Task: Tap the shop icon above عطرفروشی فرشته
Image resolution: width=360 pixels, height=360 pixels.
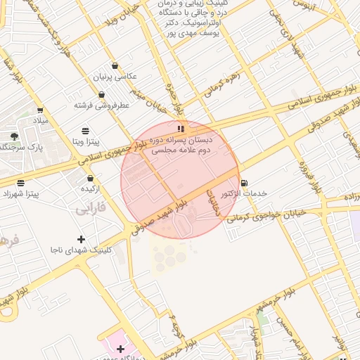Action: (101, 94)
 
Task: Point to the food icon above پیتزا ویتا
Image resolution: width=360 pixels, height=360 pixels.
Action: (85, 131)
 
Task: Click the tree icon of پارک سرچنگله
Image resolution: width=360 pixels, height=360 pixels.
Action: (15, 136)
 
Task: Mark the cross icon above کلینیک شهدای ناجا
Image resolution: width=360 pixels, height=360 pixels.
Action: (81, 239)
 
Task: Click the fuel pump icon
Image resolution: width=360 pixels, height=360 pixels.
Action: (244, 183)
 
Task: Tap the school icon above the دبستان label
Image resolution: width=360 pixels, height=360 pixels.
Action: (181, 128)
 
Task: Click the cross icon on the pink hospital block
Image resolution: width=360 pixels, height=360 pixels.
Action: (120, 349)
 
